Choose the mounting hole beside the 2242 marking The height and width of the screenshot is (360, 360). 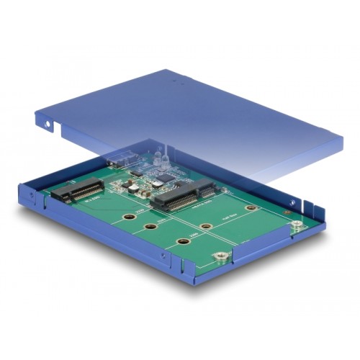150,228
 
